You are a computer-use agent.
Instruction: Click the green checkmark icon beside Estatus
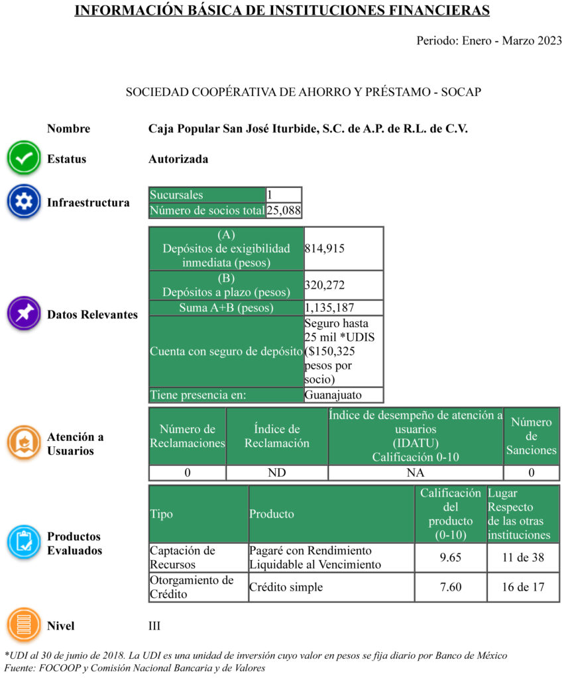tap(24, 159)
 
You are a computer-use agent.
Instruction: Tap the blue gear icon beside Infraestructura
tap(24, 202)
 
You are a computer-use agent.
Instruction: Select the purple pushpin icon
tap(24, 314)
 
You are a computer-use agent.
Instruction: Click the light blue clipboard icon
tap(24, 542)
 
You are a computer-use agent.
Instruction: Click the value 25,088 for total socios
tap(284, 211)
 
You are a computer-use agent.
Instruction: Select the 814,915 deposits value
tap(325, 248)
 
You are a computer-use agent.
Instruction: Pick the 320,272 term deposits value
tap(325, 285)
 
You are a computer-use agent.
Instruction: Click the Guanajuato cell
tap(333, 395)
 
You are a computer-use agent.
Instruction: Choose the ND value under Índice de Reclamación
tap(276, 473)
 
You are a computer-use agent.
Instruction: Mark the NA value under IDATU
tap(416, 473)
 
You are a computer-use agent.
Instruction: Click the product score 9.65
tap(450, 557)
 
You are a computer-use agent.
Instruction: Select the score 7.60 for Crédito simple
tap(450, 587)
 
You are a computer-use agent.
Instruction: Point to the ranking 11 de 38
tap(523, 557)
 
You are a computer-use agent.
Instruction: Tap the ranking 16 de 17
tap(523, 587)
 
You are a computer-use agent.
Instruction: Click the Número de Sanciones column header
tap(531, 436)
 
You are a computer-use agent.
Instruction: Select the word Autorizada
tap(178, 159)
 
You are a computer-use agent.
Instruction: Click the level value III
tap(154, 626)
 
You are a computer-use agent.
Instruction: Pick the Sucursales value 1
tap(270, 195)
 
